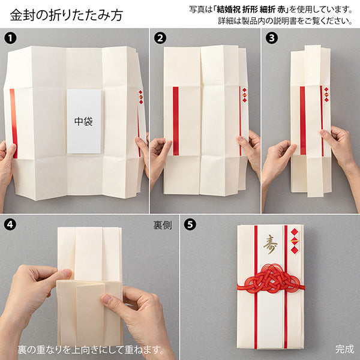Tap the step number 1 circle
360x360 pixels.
tap(10, 37)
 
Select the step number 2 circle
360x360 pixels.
tap(160, 37)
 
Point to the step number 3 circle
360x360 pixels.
tap(271, 37)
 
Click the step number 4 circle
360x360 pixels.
tap(10, 226)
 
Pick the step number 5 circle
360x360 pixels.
tap(190, 226)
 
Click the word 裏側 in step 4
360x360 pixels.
tap(163, 226)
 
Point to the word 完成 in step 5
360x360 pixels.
tap(344, 349)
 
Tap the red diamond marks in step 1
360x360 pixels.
tap(141, 97)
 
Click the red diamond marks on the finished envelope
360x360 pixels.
tap(294, 243)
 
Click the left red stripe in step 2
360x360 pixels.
tap(176, 121)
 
